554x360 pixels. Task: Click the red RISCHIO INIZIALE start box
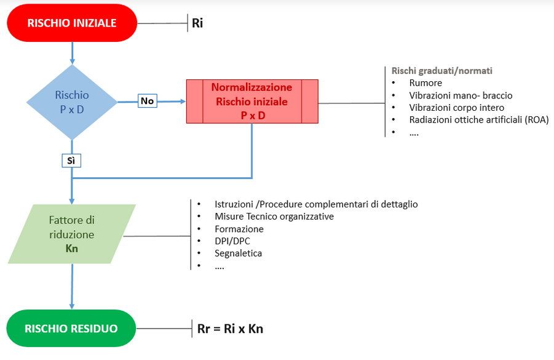(x=72, y=23)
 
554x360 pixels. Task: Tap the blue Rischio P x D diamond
(x=72, y=102)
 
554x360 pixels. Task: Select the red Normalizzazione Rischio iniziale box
(x=252, y=101)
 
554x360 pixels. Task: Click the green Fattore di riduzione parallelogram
(x=72, y=234)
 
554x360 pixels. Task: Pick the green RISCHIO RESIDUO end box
(x=71, y=329)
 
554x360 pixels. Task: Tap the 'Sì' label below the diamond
(x=72, y=161)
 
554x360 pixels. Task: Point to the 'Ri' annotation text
(x=197, y=24)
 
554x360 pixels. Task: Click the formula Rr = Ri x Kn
(x=231, y=329)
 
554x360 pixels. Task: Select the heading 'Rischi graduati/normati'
(x=442, y=71)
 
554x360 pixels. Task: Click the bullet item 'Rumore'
(x=425, y=83)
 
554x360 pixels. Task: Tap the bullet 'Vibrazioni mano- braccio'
(x=461, y=95)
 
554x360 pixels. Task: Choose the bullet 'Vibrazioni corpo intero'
(x=456, y=108)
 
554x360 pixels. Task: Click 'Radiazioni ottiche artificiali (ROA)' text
(x=478, y=120)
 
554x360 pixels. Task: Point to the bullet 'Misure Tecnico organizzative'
(x=274, y=217)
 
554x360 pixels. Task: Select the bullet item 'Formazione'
(x=239, y=229)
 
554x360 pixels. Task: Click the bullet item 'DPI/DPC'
(x=232, y=241)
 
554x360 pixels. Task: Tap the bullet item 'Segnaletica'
(x=239, y=254)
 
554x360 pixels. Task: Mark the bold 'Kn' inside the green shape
(x=72, y=250)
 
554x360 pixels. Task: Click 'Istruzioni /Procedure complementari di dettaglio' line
(x=316, y=204)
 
